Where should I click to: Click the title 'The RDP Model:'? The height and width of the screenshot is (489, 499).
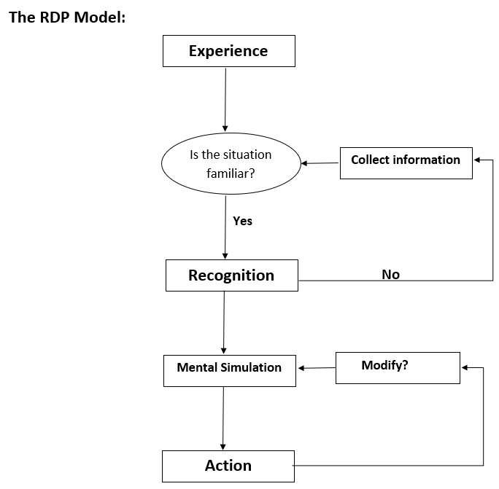tap(67, 17)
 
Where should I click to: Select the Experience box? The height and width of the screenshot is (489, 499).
tap(228, 51)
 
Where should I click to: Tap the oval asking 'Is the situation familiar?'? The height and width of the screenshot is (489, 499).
tap(231, 163)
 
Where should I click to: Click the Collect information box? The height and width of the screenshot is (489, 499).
tap(406, 160)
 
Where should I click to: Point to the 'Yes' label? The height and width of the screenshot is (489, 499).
tap(242, 221)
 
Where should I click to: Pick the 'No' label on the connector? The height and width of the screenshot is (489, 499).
tap(390, 275)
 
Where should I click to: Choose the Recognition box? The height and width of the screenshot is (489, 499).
tap(231, 275)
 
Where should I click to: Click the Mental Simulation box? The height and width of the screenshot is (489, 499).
tap(229, 368)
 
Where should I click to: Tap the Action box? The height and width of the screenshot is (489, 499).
tap(228, 466)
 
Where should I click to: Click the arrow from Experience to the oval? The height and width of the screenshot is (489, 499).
tap(225, 98)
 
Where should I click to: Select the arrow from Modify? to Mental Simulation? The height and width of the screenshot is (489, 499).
tap(316, 368)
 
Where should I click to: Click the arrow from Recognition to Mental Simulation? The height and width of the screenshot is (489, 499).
tap(224, 321)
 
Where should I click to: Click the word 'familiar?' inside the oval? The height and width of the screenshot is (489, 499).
tap(231, 173)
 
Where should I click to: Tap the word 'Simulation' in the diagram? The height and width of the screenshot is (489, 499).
tap(250, 367)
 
